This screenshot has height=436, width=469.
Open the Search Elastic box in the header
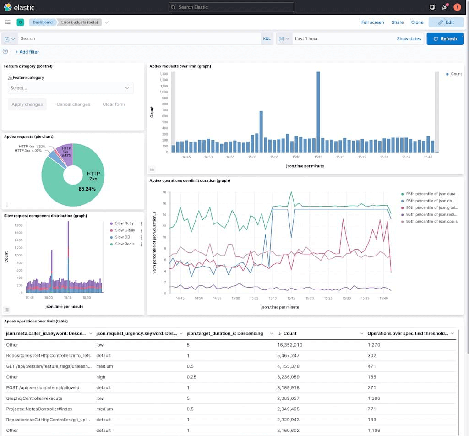pos(231,7)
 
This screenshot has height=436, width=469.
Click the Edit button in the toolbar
pos(446,22)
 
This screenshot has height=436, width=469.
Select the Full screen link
pos(372,22)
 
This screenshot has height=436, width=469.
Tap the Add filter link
pos(27,52)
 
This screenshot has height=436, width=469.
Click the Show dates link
pos(409,39)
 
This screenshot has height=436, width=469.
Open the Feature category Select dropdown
pos(71,88)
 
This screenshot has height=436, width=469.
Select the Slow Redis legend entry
pos(124,244)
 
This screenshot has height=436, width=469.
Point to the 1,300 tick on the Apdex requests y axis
pos(164,74)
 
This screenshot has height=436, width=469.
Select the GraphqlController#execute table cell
pos(34,398)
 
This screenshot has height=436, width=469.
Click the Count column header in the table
pos(290,333)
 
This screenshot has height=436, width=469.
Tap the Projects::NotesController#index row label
pos(39,409)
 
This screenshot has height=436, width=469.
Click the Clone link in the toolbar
pos(417,22)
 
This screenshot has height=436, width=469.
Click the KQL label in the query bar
pos(267,39)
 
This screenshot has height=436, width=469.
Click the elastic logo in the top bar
pos(19,7)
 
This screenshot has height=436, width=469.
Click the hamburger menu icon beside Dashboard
pos(8,22)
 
